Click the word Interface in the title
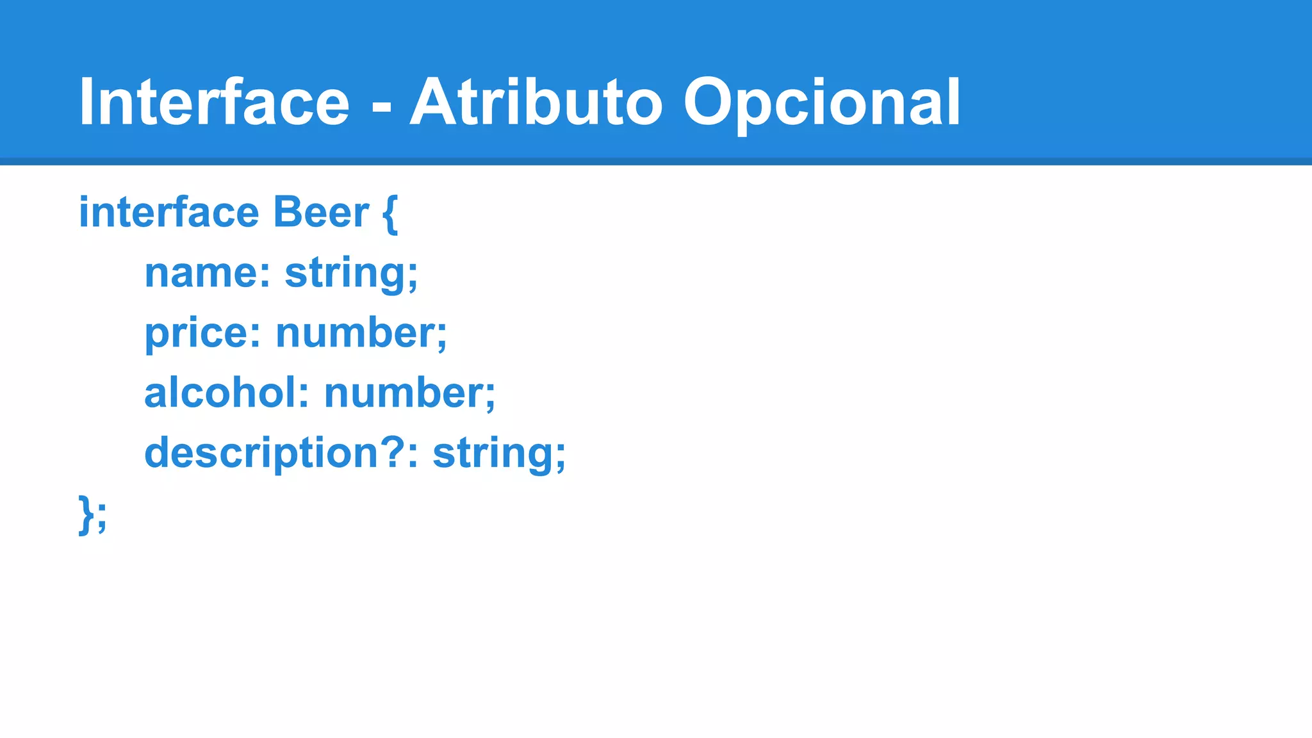(x=214, y=102)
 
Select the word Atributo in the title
(x=536, y=102)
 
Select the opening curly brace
(x=390, y=215)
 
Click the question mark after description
(x=393, y=452)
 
